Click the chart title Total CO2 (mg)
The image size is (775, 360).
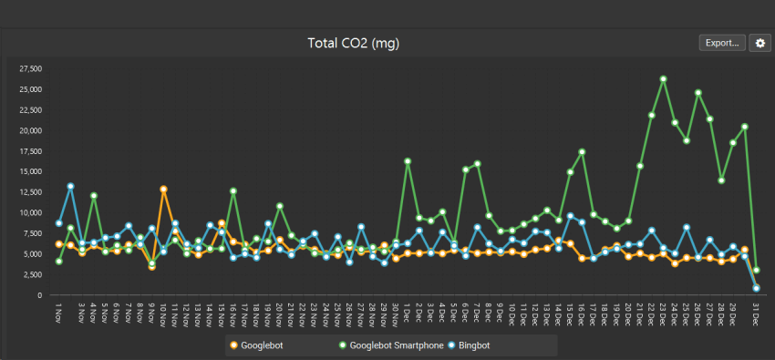[x=355, y=43]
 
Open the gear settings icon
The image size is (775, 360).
[x=759, y=43]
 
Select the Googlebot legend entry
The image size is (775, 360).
[x=259, y=345]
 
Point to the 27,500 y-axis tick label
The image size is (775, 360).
[x=30, y=68]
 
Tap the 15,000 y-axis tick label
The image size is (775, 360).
[x=30, y=171]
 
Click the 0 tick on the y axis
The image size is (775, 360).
[x=40, y=295]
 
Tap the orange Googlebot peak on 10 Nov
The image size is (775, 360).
[x=163, y=189]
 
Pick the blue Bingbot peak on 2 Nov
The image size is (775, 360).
[x=70, y=186]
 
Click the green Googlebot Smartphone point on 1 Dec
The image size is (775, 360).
[x=408, y=161]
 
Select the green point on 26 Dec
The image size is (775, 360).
[x=698, y=92]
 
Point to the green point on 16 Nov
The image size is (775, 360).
[x=233, y=190]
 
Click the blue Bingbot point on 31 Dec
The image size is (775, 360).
[x=757, y=288]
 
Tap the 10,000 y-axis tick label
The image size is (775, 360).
[x=30, y=212]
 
